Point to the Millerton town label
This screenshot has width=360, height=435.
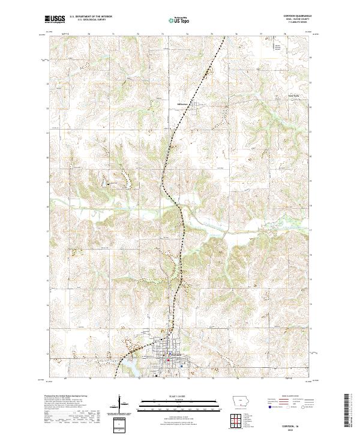click(x=183, y=102)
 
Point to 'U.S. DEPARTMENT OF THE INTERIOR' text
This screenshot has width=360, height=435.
click(x=91, y=16)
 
